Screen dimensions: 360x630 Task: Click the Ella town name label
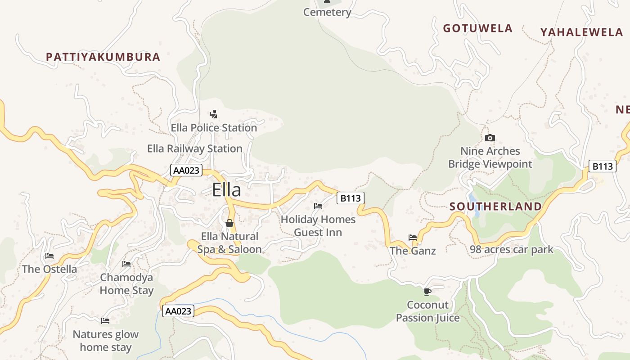tap(226, 190)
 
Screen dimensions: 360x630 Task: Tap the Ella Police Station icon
tap(214, 114)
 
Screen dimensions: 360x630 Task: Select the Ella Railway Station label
tap(194, 148)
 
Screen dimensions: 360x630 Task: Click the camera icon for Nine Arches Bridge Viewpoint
tap(490, 138)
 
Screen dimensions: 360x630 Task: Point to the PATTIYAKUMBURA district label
tap(103, 57)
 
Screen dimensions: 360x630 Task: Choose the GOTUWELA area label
tap(477, 28)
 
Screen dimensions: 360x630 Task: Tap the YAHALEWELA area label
tap(581, 32)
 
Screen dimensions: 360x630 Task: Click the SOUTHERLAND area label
tap(495, 207)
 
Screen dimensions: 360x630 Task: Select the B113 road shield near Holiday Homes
tap(350, 198)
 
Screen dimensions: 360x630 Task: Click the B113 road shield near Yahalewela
tap(602, 166)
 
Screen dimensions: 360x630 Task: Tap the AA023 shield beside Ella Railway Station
tap(186, 171)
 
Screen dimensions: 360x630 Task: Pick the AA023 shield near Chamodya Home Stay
tap(178, 311)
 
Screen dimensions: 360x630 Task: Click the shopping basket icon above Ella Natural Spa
tap(229, 223)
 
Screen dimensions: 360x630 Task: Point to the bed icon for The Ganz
tap(413, 237)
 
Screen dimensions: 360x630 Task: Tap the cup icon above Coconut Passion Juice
tap(427, 292)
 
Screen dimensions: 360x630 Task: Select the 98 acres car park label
tap(511, 249)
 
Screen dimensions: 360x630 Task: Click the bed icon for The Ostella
tap(49, 256)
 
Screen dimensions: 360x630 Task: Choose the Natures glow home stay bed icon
tap(105, 321)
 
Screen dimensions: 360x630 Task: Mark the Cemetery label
tap(327, 12)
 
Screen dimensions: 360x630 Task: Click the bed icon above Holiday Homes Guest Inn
tap(318, 206)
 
